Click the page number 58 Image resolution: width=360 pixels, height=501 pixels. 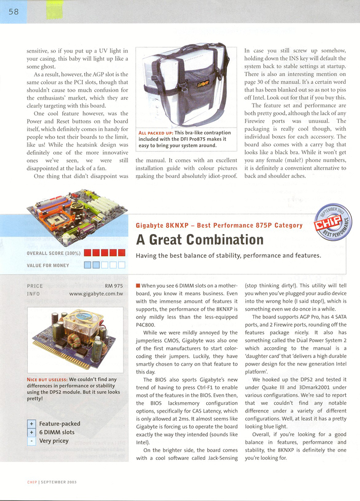point(13,12)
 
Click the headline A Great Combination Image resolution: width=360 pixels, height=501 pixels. point(200,240)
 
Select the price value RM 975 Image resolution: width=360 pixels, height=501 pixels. point(114,285)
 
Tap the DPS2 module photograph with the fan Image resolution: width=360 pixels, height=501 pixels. point(75,339)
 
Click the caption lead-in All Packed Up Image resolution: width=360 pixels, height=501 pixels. point(156,133)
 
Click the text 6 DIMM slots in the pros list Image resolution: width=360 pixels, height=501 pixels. point(57,433)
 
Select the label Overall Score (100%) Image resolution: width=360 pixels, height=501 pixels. point(53,253)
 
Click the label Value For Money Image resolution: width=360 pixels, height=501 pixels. point(48,265)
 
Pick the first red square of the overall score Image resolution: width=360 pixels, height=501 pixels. point(87,253)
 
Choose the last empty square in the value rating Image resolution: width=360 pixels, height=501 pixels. point(121,265)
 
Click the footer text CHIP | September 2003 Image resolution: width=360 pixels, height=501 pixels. point(52,482)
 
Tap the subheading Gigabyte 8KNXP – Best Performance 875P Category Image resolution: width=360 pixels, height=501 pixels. point(219,225)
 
